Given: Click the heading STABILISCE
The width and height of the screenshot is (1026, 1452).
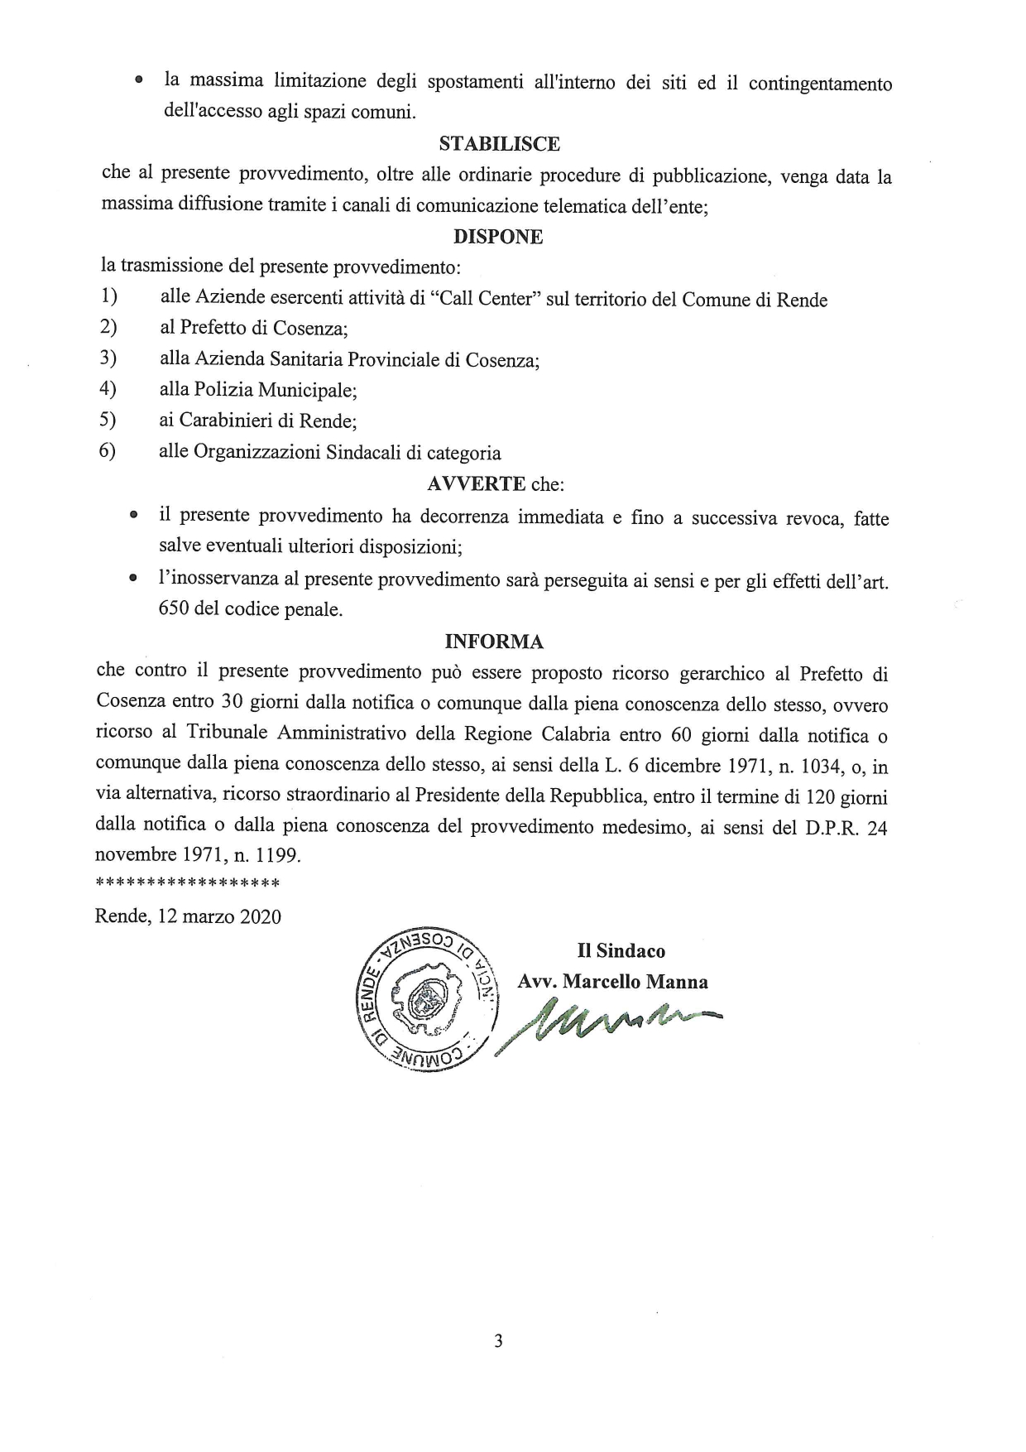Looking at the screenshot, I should pos(499,144).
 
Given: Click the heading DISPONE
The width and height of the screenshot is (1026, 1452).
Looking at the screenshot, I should pos(498,237).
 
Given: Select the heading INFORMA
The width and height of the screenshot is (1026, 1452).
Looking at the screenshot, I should pos(494,642).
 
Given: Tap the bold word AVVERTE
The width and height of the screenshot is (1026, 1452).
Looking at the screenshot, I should pos(476,483).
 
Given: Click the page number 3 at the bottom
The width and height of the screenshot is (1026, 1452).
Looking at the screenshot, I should pos(498,1342).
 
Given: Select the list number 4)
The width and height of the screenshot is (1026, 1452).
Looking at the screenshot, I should pos(108,388).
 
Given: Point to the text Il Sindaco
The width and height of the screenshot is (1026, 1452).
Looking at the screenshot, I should pos(621,951).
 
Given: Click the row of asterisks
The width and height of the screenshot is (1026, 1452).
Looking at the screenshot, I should pos(188,884).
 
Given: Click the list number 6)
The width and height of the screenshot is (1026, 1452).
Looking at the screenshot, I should pos(108,451).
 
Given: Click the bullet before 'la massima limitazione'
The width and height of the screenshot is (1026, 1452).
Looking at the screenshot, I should pos(140,82).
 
